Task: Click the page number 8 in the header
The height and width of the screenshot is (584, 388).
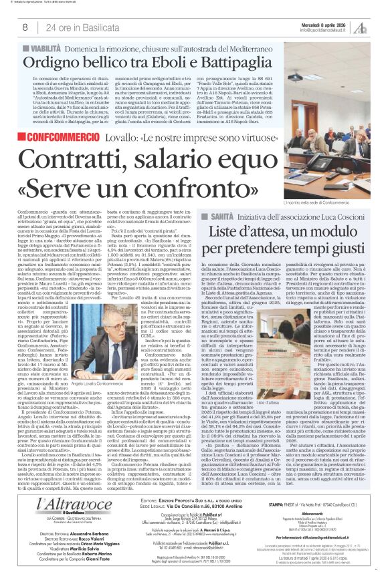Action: (x=25, y=27)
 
